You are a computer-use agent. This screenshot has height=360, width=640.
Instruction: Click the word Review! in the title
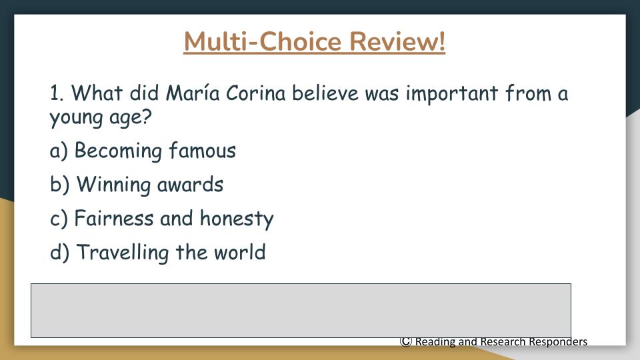coord(397,41)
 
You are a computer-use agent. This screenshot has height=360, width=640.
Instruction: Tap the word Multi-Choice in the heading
coord(263,41)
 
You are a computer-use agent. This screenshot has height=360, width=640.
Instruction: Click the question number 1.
coord(57,93)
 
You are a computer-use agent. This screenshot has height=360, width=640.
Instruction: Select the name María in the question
coord(193,93)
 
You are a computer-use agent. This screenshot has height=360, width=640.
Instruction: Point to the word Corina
coord(255,93)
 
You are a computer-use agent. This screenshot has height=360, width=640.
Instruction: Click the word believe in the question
coord(325,93)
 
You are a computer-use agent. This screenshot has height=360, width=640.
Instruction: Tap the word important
coord(452,93)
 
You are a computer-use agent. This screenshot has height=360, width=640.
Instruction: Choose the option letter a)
coord(59,151)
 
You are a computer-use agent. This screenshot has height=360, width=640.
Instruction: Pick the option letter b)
coord(59,184)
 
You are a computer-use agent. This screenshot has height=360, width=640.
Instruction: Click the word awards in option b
coord(190,185)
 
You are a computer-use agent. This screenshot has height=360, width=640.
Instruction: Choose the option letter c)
coord(59,219)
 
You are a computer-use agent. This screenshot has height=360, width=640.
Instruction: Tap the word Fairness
coord(114,218)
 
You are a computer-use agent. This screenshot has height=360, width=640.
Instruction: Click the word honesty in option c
coord(237,219)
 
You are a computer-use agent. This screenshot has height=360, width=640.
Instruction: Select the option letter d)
coord(59,252)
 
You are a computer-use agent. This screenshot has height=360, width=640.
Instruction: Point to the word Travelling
coord(123,252)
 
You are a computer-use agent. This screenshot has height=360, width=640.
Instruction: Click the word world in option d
coord(239,252)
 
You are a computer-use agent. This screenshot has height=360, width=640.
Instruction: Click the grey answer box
coord(301,311)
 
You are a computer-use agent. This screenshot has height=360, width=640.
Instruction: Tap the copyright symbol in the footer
coord(406,341)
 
